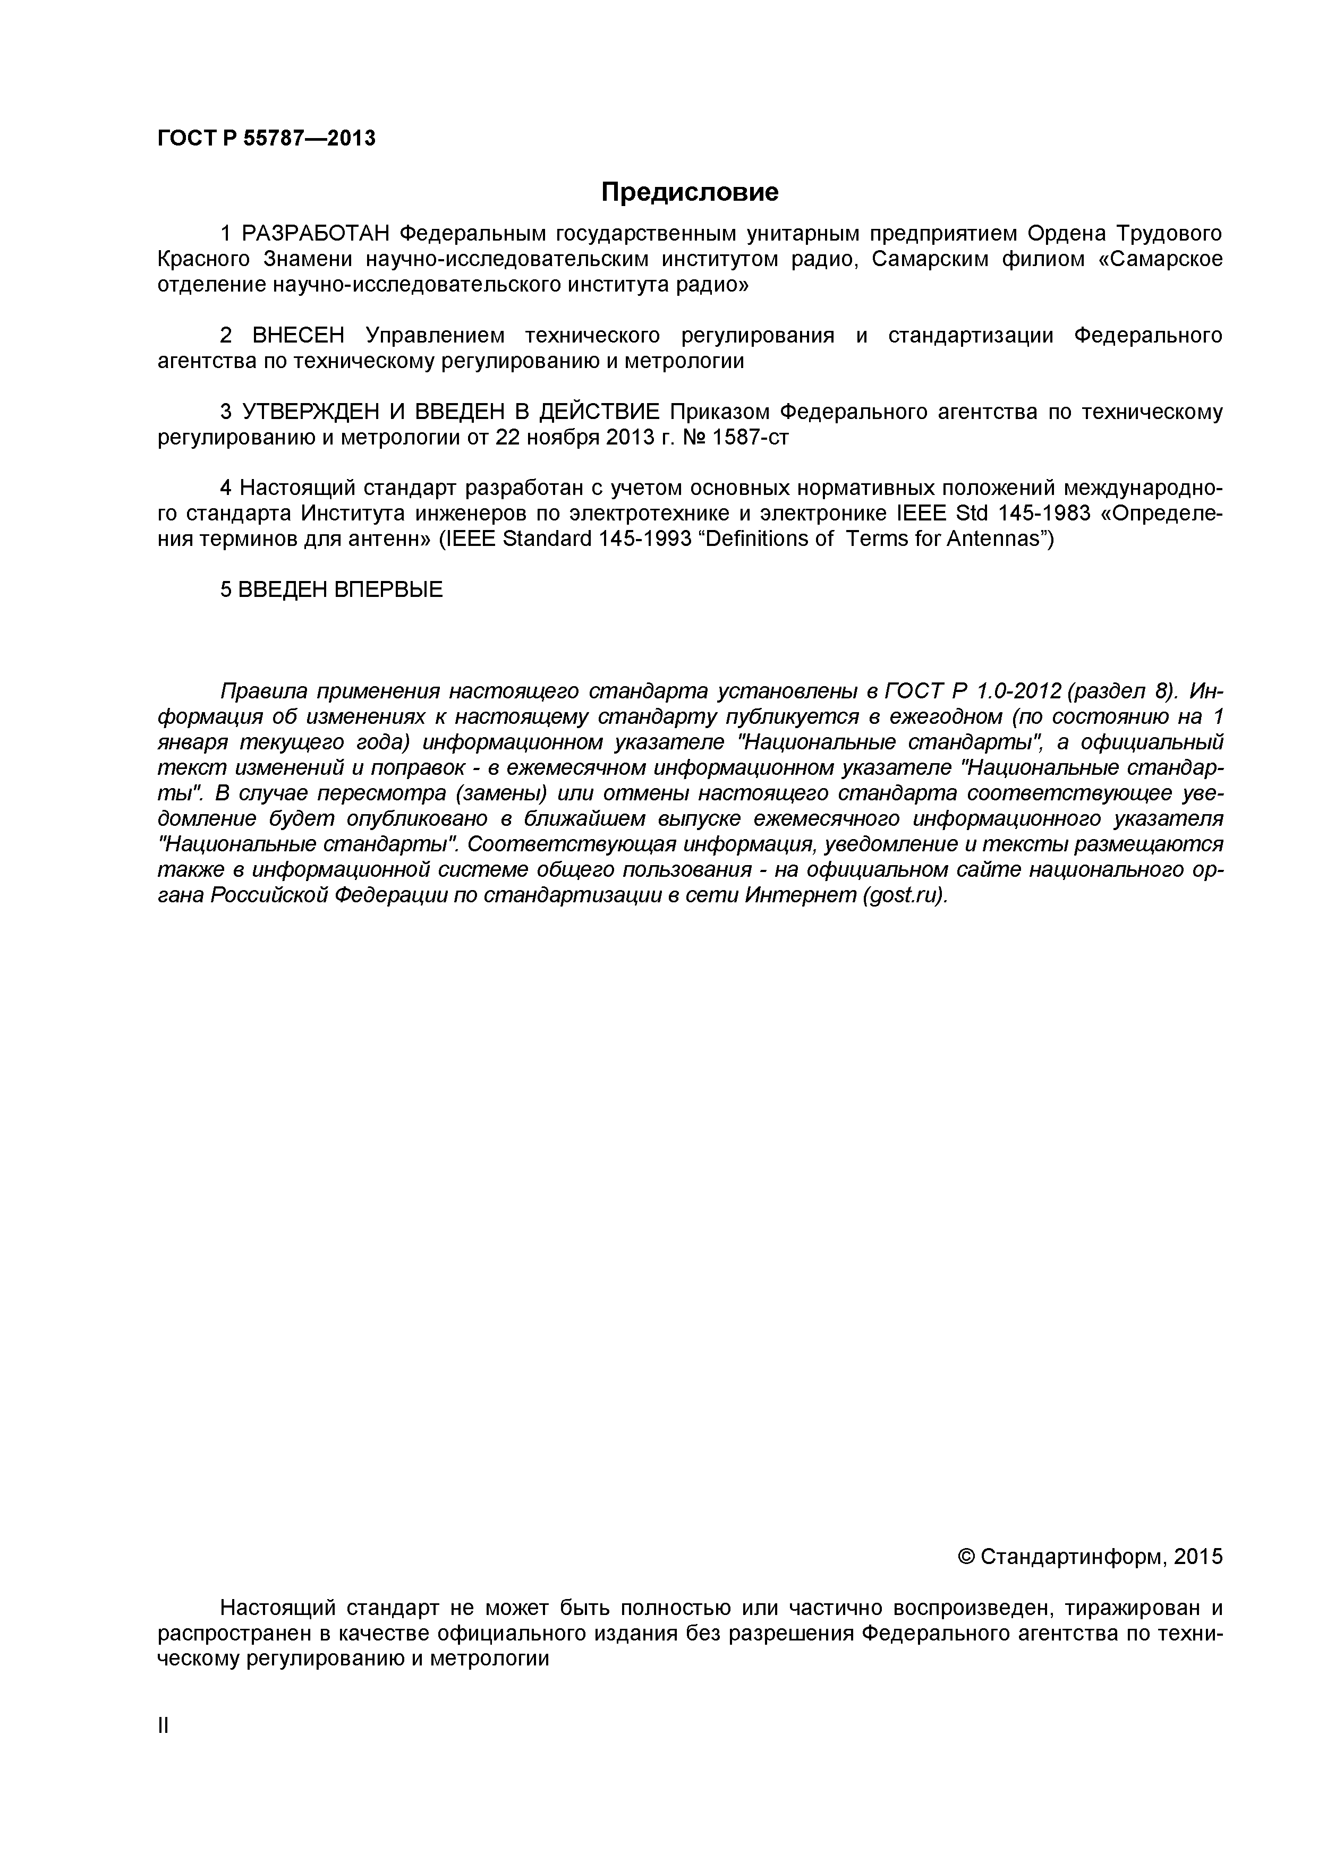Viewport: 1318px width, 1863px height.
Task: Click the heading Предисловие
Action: pyautogui.click(x=689, y=192)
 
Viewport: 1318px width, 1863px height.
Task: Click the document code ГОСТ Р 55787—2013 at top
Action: pyautogui.click(x=266, y=139)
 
